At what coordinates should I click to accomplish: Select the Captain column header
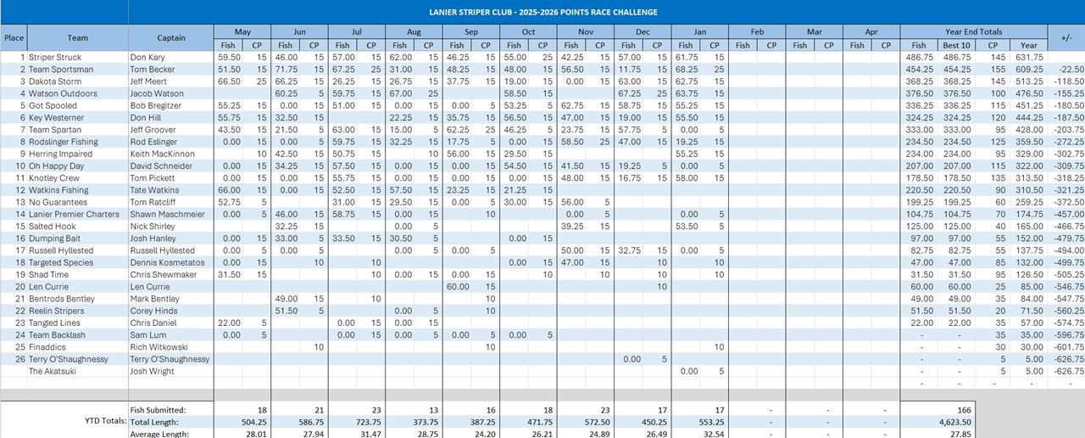click(171, 38)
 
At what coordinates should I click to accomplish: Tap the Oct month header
click(528, 32)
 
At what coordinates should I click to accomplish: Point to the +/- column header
click(1066, 38)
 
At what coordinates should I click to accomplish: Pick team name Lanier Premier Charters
click(75, 214)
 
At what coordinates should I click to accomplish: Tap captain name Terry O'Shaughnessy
click(170, 359)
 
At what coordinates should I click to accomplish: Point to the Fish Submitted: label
click(159, 410)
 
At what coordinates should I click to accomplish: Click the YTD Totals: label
click(105, 421)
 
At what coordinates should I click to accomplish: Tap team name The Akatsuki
click(53, 371)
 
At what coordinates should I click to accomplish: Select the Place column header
click(14, 38)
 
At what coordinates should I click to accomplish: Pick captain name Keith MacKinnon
click(163, 154)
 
